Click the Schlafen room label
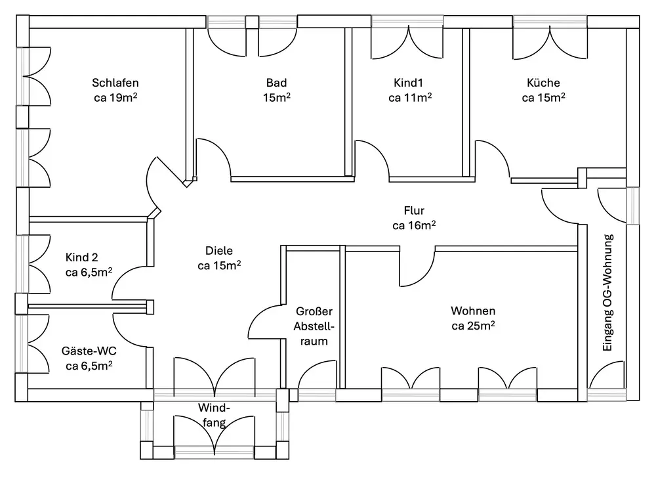pos(115,83)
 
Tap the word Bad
pos(277,83)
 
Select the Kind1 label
pos(408,83)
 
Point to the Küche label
pos(543,83)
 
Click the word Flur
pos(414,211)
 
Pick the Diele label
pos(219,251)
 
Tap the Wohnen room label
pos(473,311)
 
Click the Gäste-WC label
pos(89,351)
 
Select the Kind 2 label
pos(81,257)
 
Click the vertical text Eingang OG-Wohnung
pos(607,293)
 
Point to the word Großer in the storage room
pos(314,311)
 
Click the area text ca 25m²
pos(473,326)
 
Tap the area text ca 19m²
pos(115,98)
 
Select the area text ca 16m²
pos(414,225)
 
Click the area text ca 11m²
pos(410,98)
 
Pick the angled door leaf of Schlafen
pos(171,171)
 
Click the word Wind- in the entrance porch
pos(215,407)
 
